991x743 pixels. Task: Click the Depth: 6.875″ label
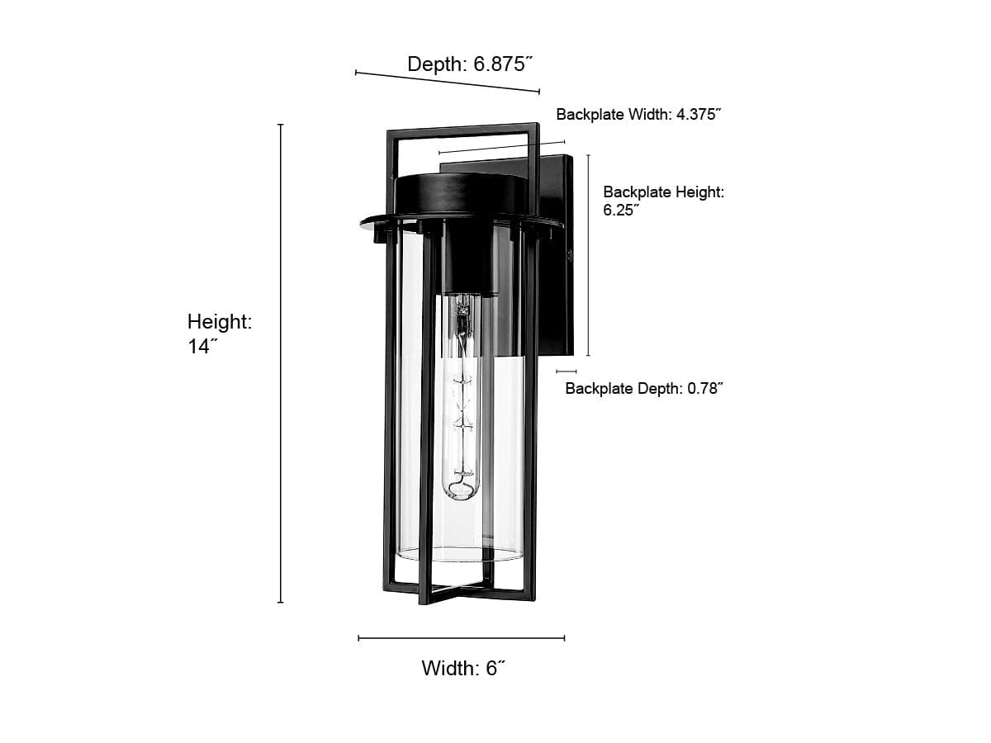click(470, 64)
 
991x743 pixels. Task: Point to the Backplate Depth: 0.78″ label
click(644, 388)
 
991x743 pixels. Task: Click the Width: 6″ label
click(463, 668)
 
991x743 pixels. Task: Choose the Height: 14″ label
click(220, 334)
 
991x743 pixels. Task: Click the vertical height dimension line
click(280, 363)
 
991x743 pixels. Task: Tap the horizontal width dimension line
click(462, 638)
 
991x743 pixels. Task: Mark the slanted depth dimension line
click(448, 82)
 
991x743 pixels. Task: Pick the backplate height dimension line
click(588, 255)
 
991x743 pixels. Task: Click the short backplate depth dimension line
click(567, 371)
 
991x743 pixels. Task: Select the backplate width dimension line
click(501, 148)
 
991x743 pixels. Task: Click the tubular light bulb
click(461, 396)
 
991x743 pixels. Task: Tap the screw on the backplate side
click(570, 256)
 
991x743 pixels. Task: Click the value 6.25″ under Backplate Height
click(621, 211)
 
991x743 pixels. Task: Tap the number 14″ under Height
click(202, 347)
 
